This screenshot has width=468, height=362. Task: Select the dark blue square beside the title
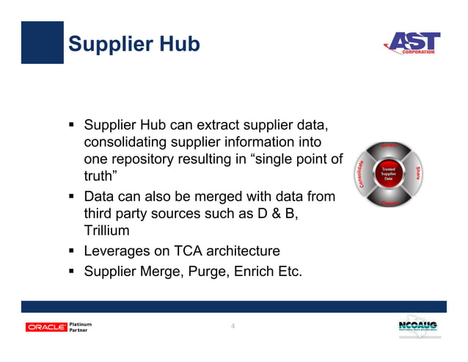[42, 43]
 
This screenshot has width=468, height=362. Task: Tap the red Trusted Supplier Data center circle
[390, 174]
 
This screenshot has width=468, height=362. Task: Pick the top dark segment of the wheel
[390, 148]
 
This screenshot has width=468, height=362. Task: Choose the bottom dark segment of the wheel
[390, 201]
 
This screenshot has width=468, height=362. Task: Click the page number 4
[233, 326]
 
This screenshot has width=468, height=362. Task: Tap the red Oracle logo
[46, 327]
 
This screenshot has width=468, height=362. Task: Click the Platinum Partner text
[80, 327]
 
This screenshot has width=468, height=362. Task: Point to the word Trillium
[108, 231]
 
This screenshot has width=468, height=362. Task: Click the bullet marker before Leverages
[73, 250]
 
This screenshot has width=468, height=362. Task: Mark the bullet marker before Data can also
[73, 197]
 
